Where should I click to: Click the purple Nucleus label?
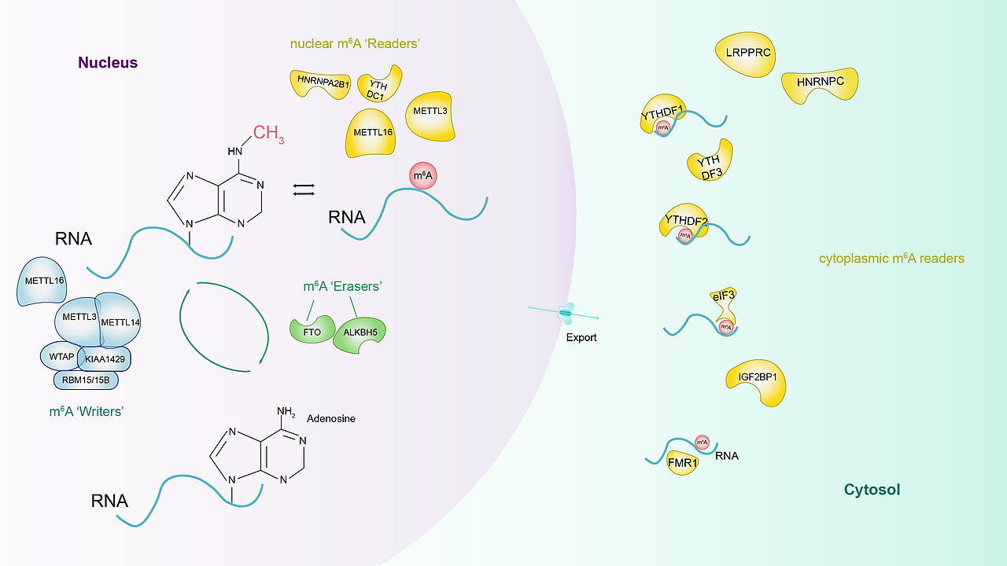tap(108, 62)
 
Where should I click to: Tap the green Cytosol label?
tap(872, 490)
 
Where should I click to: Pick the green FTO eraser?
tap(312, 331)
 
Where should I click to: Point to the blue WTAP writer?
tap(61, 357)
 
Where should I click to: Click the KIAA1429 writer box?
tap(105, 359)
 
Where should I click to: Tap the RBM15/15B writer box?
tap(86, 380)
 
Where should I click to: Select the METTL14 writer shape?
tap(119, 320)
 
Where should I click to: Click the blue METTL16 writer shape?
tap(42, 281)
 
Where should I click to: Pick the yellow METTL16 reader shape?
tap(371, 134)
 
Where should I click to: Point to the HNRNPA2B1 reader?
tap(321, 83)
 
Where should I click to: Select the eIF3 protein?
tap(724, 307)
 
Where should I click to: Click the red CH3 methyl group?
tap(268, 134)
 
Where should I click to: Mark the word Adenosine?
tap(331, 419)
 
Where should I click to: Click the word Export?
tap(581, 337)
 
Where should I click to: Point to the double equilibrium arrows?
tap(304, 189)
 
